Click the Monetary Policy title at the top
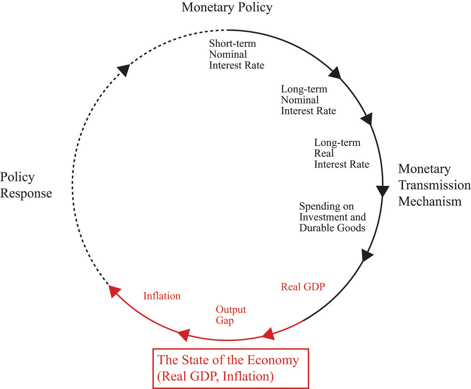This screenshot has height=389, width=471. coord(227,8)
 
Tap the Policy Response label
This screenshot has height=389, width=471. coord(26,185)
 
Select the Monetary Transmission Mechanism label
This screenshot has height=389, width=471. coord(434,185)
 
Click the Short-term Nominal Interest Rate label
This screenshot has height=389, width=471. coord(236,54)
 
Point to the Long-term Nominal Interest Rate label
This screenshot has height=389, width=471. coord(308,100)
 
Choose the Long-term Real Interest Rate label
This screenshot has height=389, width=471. coord(342,154)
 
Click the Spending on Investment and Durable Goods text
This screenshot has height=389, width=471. coord(333,217)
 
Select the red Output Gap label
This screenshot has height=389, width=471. coord(231,315)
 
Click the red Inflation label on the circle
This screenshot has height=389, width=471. coord(162,296)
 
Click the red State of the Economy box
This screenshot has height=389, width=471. coord(231,369)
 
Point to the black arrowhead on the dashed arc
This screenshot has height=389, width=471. coord(124,70)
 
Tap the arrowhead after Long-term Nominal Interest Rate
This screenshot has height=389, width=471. coord(366,119)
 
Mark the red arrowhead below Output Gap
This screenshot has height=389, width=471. coord(184,335)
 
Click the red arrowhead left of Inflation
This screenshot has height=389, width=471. coord(114,291)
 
